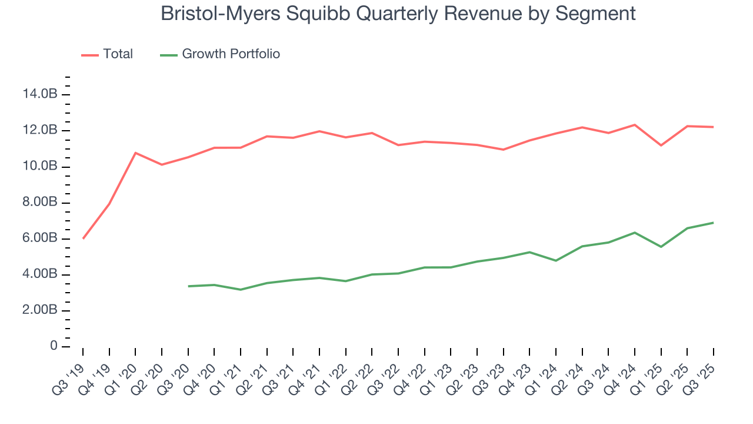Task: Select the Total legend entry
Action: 118,54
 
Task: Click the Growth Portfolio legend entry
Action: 231,54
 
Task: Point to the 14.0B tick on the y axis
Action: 40,94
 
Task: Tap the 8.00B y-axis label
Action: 40,203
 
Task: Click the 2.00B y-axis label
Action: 40,310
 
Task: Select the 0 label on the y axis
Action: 54,346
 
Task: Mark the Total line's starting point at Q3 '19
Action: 83,238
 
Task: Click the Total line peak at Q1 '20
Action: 135,153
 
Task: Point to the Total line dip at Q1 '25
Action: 661,145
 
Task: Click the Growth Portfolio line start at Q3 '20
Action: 188,286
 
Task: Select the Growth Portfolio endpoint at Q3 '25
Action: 714,223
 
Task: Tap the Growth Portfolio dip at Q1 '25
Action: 661,247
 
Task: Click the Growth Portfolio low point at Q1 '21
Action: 241,290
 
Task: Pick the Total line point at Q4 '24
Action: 635,125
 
